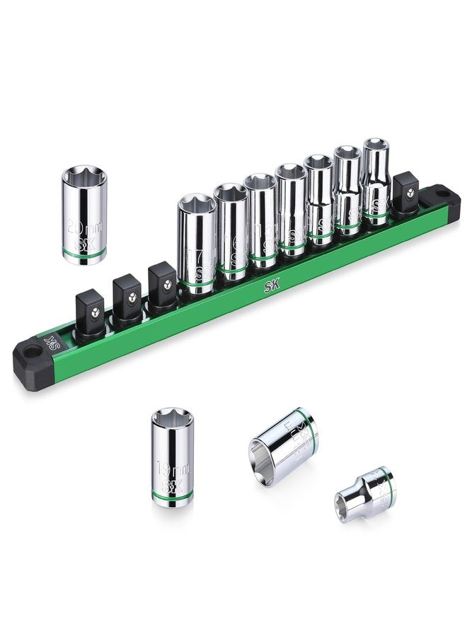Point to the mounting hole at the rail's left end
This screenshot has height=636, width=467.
(30, 351)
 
